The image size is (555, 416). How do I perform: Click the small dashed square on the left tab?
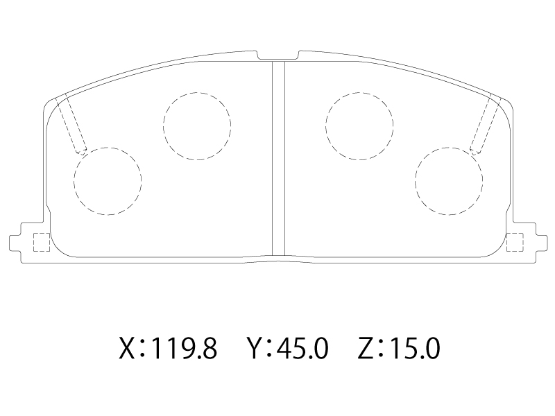click(x=33, y=242)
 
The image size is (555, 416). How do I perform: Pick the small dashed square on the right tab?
click(x=523, y=242)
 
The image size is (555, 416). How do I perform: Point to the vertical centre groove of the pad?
click(x=278, y=158)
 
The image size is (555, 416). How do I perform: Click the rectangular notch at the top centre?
click(x=278, y=55)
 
